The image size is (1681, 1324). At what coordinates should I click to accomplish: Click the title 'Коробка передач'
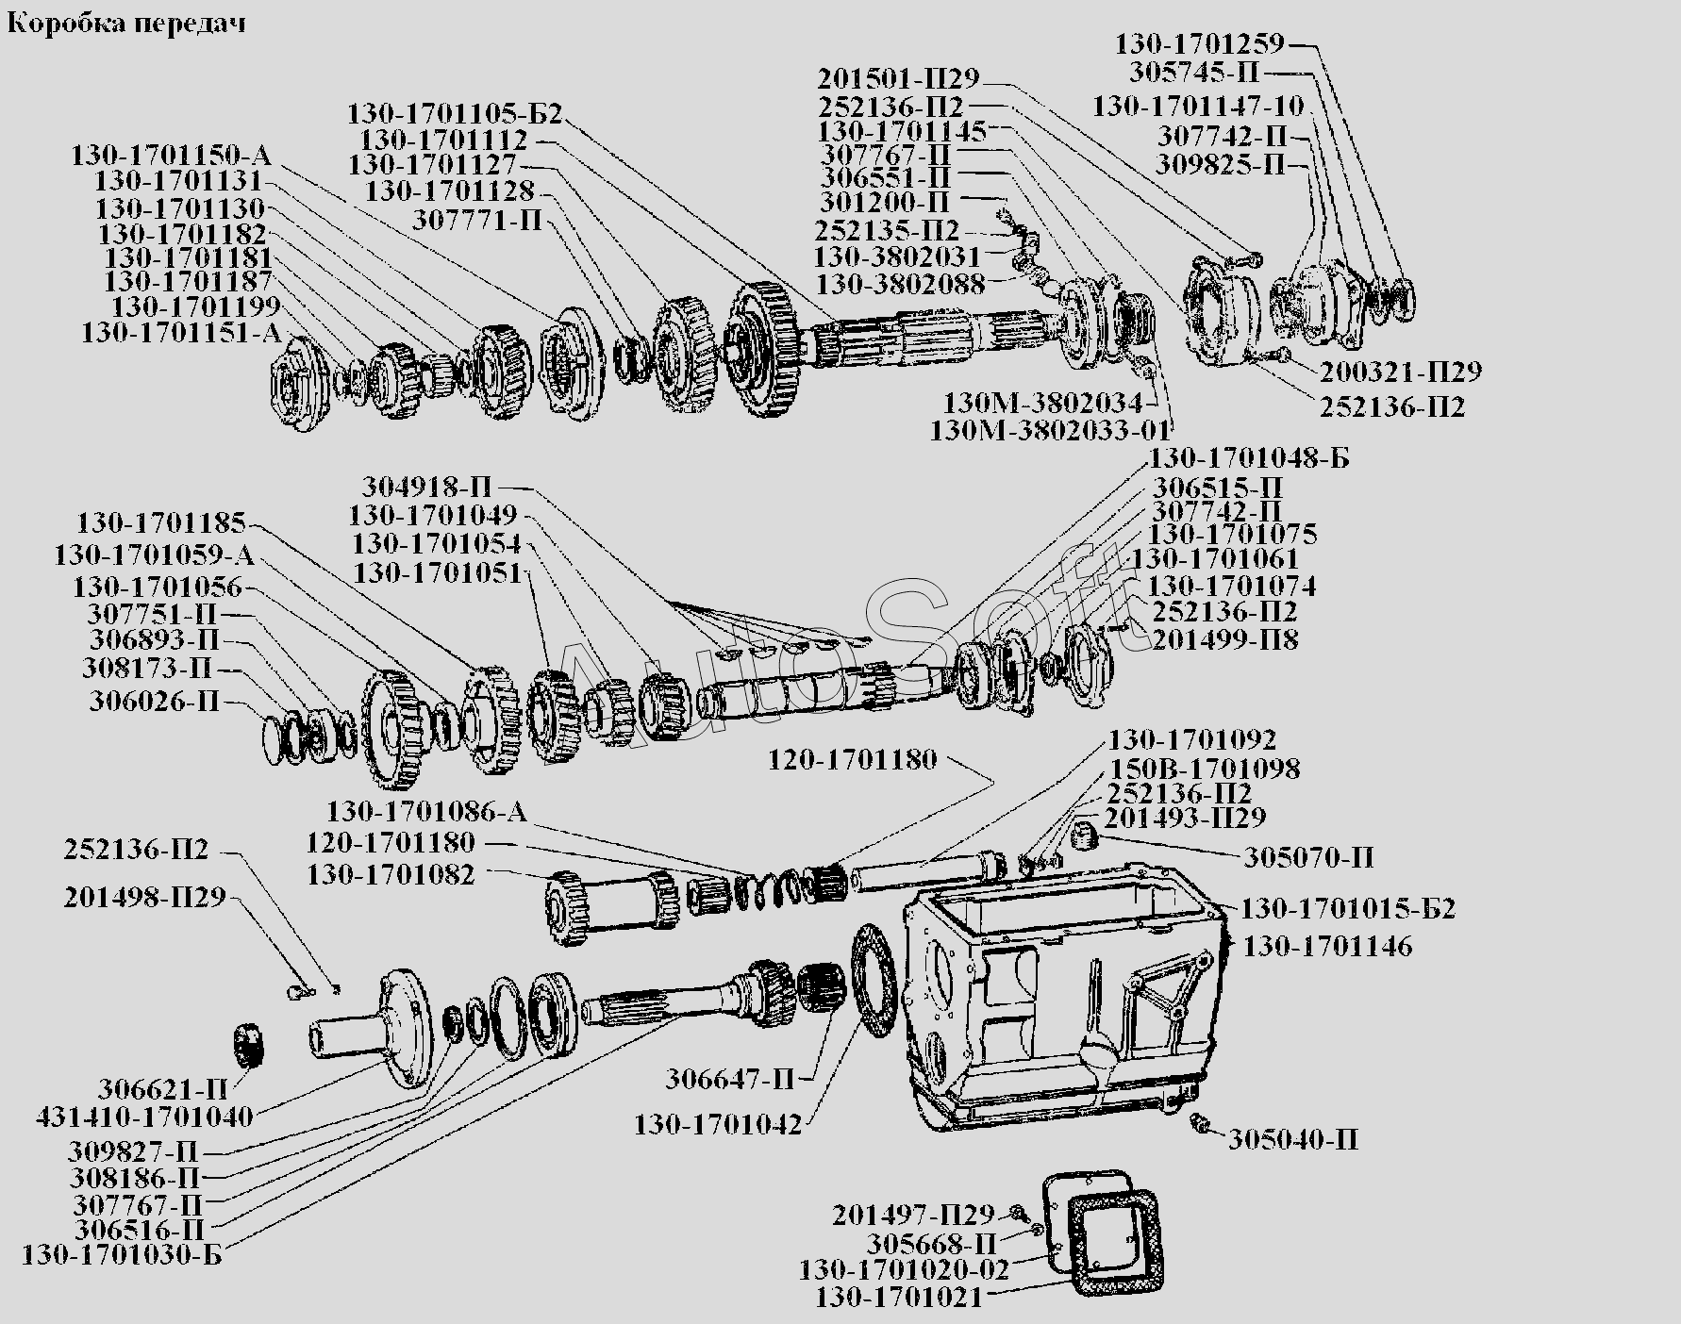point(126,24)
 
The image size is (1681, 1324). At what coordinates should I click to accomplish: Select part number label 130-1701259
point(1200,43)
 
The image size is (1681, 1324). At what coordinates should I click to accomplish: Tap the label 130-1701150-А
point(171,156)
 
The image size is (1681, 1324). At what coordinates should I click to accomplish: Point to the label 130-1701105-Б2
point(455,115)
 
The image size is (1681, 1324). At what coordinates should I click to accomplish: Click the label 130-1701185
point(161,522)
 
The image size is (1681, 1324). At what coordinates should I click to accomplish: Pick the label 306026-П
point(155,702)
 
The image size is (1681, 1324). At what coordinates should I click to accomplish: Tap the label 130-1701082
point(391,874)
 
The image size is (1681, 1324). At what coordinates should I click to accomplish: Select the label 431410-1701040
point(144,1117)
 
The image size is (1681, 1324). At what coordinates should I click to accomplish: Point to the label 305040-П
point(1293,1140)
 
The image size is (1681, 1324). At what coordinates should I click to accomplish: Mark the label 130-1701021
point(900,1298)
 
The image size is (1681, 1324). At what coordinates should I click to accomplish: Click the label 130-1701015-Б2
point(1348,909)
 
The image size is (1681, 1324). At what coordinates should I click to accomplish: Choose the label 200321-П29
point(1401,372)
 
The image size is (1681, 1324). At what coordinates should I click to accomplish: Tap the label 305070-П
point(1308,858)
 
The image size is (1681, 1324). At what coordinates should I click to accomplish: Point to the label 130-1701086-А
point(427,812)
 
